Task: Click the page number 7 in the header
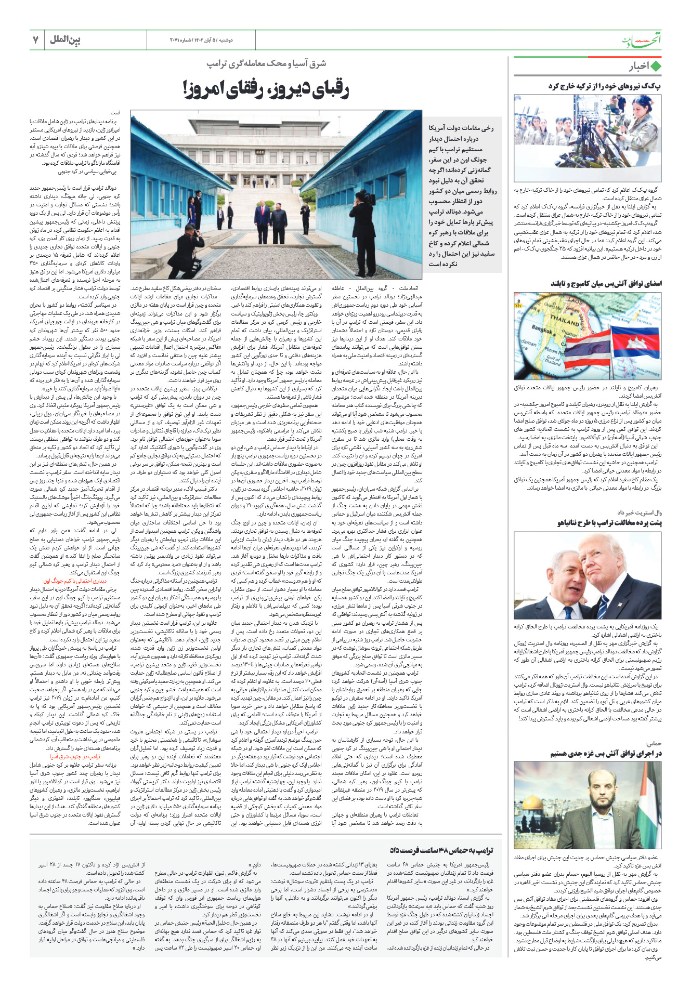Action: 36,40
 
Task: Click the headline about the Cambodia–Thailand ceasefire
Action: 606,284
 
